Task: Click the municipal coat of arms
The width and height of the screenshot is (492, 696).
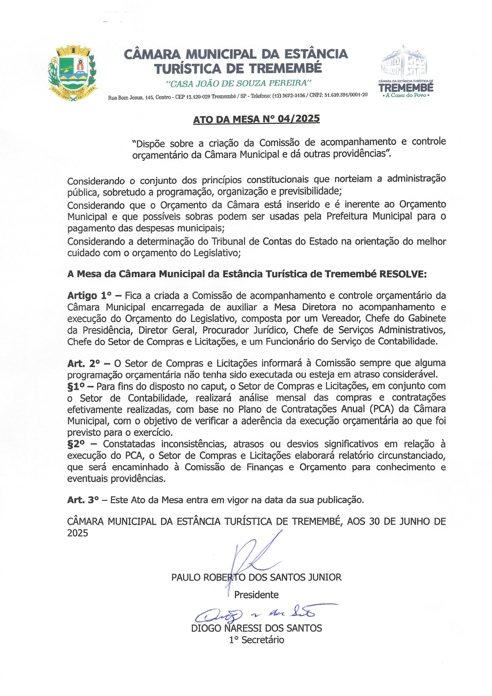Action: click(x=72, y=74)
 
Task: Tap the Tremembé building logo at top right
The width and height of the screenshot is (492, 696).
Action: click(x=406, y=71)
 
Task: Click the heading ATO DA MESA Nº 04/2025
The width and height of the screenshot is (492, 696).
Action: click(x=256, y=119)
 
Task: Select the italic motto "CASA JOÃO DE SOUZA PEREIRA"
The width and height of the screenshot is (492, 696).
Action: click(x=238, y=83)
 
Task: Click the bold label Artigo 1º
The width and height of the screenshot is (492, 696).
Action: click(x=89, y=296)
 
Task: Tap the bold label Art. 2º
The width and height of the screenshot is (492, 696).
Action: click(x=84, y=363)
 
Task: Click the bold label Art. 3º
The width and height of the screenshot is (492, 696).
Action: click(x=83, y=500)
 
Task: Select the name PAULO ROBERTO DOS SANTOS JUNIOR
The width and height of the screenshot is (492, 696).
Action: click(x=256, y=577)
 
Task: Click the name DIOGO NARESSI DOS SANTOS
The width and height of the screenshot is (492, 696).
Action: click(x=256, y=628)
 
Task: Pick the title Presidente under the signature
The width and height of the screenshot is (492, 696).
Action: click(x=256, y=595)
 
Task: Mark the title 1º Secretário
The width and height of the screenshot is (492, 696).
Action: click(x=256, y=640)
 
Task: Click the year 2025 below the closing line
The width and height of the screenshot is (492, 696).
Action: click(x=77, y=533)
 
